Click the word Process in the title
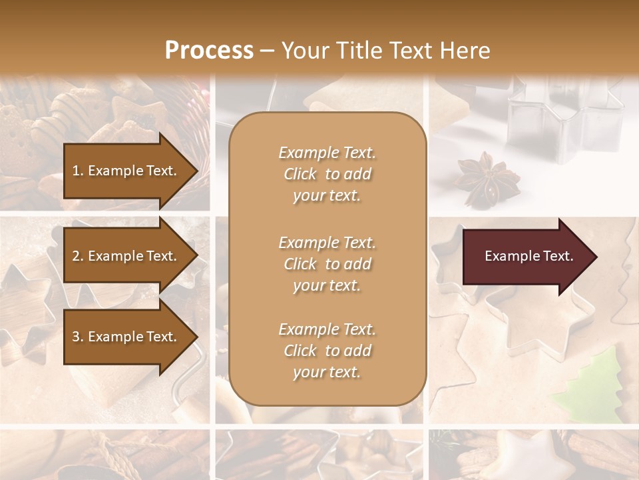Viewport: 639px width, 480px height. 209,51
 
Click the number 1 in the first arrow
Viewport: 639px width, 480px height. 76,171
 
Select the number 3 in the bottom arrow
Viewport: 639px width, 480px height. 76,337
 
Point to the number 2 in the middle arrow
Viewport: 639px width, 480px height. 76,256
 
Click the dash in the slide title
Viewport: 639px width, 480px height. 268,51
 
